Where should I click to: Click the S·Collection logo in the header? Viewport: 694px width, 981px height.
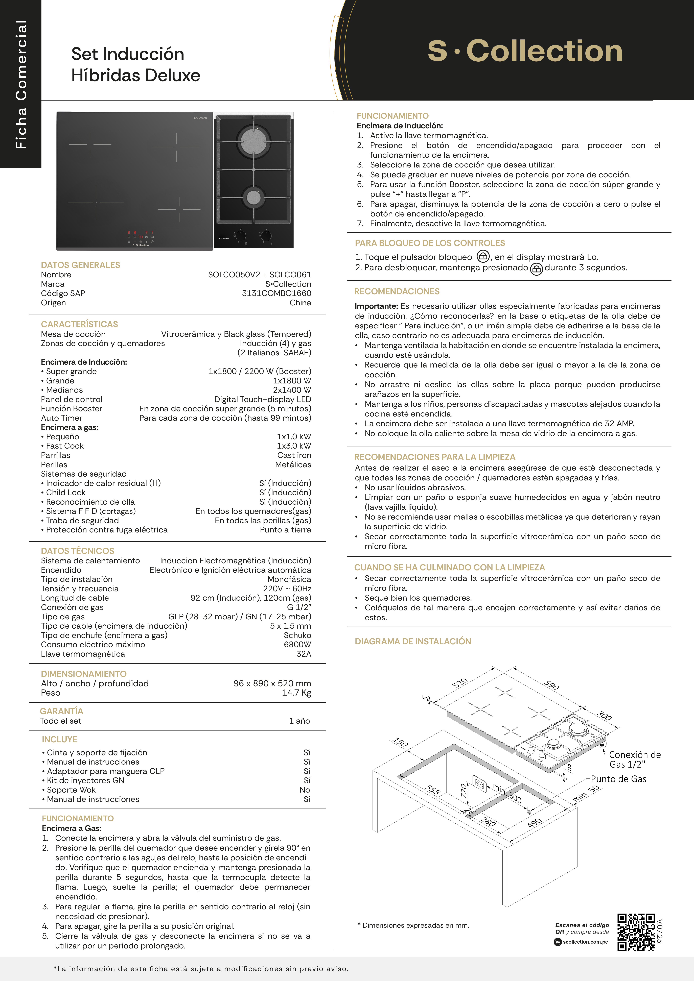tap(525, 51)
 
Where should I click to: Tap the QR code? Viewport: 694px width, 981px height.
tap(636, 932)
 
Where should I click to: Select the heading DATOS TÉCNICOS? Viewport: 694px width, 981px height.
tap(77, 551)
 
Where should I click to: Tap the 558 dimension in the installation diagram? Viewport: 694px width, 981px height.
tap(432, 790)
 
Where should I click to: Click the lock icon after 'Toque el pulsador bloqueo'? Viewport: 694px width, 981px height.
tap(483, 256)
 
